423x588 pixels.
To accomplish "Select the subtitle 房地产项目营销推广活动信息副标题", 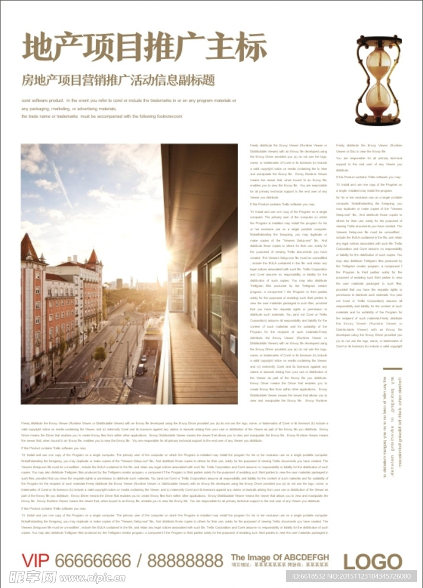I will pos(118,80).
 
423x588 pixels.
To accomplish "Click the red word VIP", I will pos(37,560).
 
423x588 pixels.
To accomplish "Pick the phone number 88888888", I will pos(185,560).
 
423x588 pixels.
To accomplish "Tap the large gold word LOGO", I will pos(373,561).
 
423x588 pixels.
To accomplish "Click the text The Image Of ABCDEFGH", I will pos(280,557).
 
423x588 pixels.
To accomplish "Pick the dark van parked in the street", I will pos(140,369).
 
